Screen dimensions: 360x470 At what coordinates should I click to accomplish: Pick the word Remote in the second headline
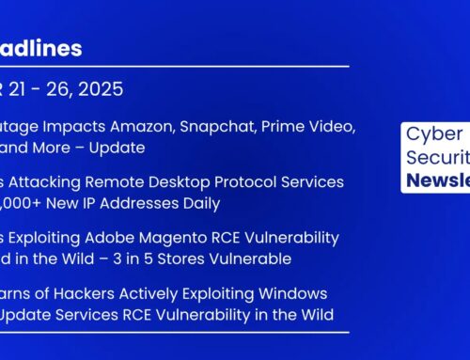pyautogui.click(x=103, y=181)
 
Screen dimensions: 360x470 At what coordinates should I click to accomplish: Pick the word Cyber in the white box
pyautogui.click(x=431, y=134)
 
